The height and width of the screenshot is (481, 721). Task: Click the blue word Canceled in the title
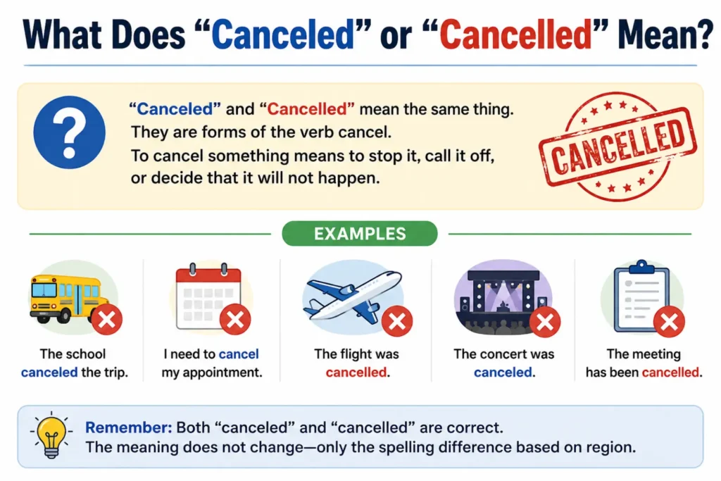coord(283,35)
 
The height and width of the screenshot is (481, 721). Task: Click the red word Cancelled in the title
coord(515,35)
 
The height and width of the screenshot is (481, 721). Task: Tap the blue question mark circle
coord(70,132)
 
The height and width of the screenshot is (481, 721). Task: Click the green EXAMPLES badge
coord(360,234)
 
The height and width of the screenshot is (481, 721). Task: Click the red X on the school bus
coord(107,319)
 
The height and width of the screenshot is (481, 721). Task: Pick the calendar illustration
coord(208,296)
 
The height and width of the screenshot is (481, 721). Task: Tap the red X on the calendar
coord(235,319)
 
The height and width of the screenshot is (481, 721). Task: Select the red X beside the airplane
coord(397,321)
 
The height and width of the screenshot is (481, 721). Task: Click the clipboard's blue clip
coord(641,267)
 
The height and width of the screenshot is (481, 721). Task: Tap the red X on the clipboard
coord(669,321)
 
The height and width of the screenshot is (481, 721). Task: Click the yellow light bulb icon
coord(51,436)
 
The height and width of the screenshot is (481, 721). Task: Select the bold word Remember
coord(129,427)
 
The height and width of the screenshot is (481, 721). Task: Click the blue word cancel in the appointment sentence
coord(239,354)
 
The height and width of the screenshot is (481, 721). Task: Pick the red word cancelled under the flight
coord(356,372)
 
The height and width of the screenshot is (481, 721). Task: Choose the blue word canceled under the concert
coord(503,372)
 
